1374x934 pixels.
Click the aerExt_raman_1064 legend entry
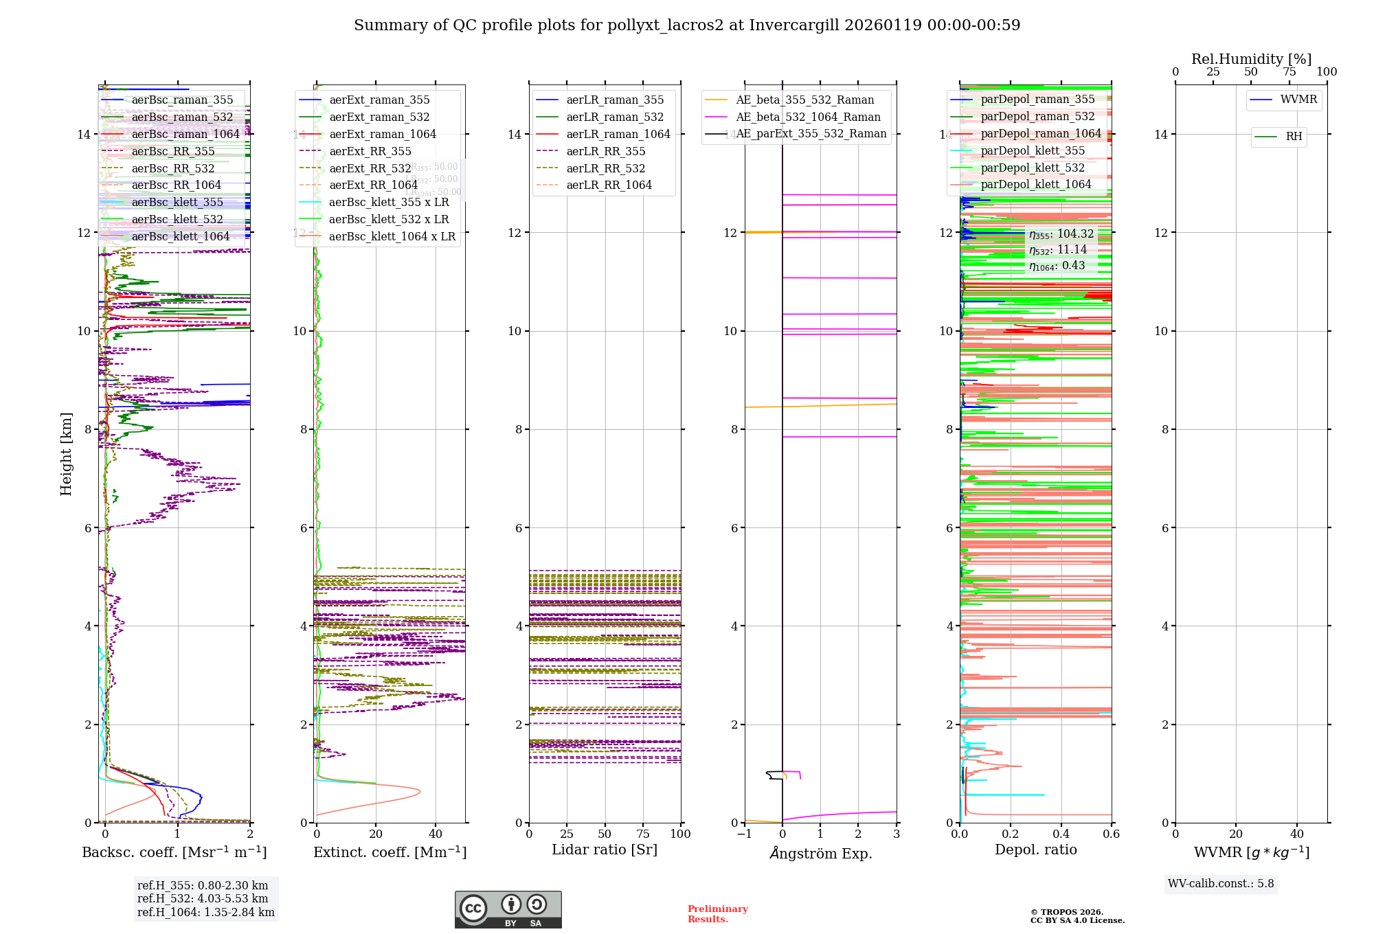[x=383, y=135]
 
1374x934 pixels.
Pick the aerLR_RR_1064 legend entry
[x=609, y=185]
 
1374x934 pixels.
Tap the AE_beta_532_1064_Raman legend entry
[x=808, y=117]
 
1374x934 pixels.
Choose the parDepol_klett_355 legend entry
[x=1033, y=151]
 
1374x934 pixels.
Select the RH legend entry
[x=1294, y=137]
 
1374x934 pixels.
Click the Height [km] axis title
[x=66, y=453]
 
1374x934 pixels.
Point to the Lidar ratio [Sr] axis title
[x=605, y=850]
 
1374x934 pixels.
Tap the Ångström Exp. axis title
[x=820, y=854]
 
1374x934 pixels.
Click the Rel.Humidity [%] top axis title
[x=1251, y=59]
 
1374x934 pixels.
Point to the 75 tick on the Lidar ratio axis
[x=643, y=834]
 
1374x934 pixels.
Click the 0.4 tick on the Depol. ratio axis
[x=1061, y=834]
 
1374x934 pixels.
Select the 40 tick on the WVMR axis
[x=1297, y=834]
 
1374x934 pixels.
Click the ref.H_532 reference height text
[x=203, y=899]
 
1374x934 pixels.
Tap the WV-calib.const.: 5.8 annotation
[x=1221, y=884]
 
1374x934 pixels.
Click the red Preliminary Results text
[x=717, y=914]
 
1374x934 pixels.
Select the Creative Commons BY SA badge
[x=508, y=910]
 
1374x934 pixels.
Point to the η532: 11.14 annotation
[x=1058, y=250]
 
